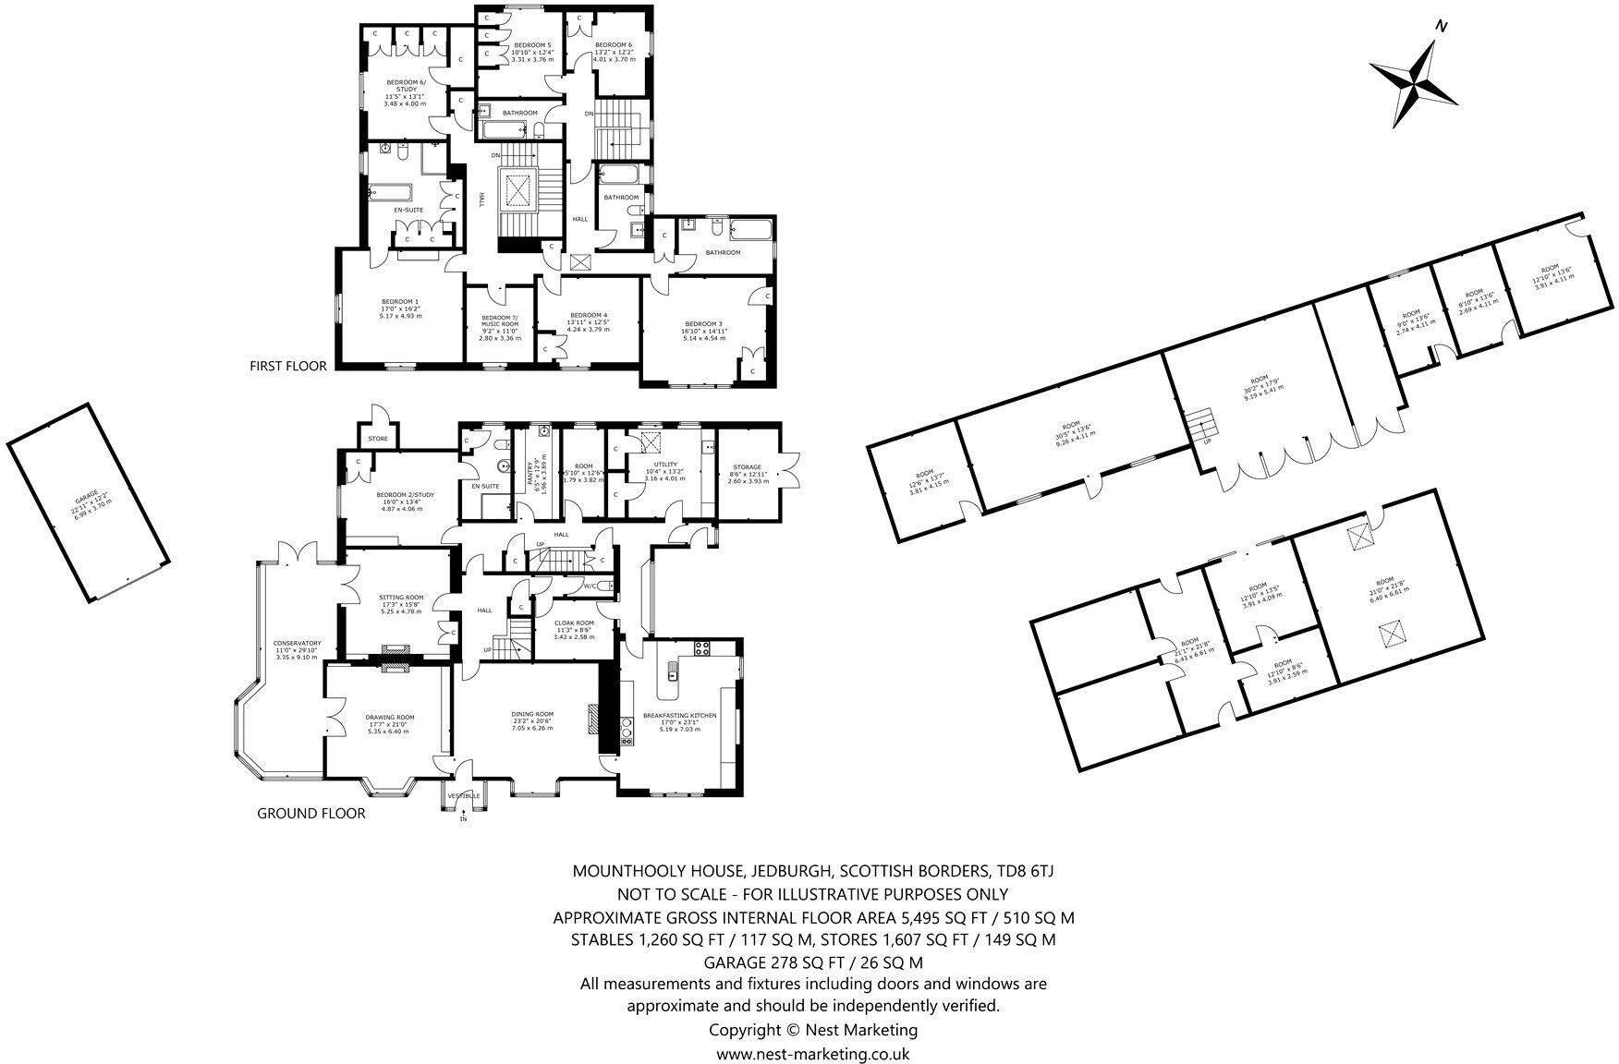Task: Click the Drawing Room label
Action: (x=389, y=717)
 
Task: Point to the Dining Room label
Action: (x=532, y=714)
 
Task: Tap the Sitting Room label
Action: (x=401, y=598)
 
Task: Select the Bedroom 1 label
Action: (x=400, y=302)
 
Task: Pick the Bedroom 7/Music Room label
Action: (x=499, y=320)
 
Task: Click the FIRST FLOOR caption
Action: (x=287, y=366)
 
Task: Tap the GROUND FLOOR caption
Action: (x=310, y=814)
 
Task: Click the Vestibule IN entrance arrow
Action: (x=464, y=813)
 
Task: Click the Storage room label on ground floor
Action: (x=747, y=467)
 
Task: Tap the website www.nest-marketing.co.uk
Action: (x=813, y=1053)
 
